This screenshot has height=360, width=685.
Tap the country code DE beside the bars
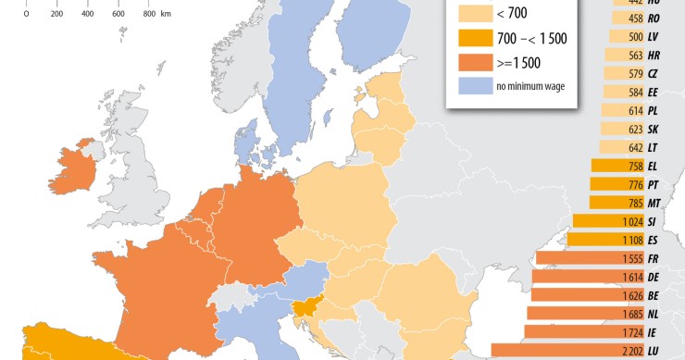click(x=654, y=277)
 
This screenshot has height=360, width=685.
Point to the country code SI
click(x=653, y=222)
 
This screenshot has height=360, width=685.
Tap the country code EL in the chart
click(x=653, y=167)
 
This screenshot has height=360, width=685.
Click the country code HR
click(x=654, y=55)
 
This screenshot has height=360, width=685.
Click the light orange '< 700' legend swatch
click(x=472, y=14)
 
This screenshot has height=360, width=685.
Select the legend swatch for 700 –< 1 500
click(x=472, y=39)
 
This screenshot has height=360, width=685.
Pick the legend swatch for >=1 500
click(x=472, y=63)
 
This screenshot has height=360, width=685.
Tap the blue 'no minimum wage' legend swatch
click(x=472, y=87)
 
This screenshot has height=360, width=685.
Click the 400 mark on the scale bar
click(x=87, y=15)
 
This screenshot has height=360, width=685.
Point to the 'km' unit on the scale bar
click(x=166, y=15)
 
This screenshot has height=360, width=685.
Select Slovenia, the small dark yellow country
click(x=306, y=312)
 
